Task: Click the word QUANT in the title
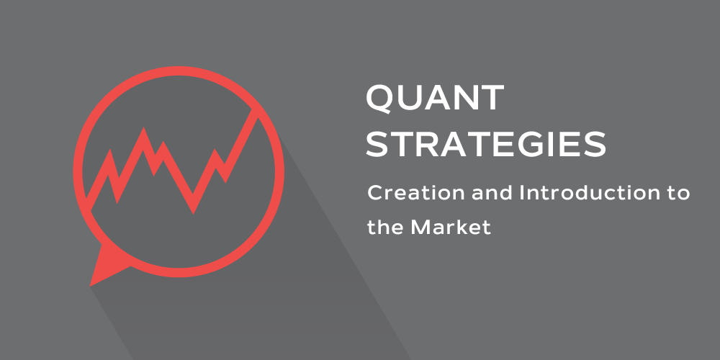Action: point(435,98)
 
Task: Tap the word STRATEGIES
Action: point(486,144)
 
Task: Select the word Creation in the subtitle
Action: point(415,193)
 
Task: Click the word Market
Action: point(451,227)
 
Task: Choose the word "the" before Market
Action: point(384,227)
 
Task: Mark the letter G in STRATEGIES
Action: point(541,144)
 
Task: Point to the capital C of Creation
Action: point(375,193)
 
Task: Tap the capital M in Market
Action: point(420,227)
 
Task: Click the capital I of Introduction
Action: point(521,193)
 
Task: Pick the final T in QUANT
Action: point(492,98)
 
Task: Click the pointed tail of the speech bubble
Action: point(91,286)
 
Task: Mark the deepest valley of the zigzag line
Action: point(193,213)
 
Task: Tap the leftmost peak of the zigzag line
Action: point(110,150)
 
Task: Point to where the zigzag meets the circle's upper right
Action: point(256,112)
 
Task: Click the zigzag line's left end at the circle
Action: point(89,204)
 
